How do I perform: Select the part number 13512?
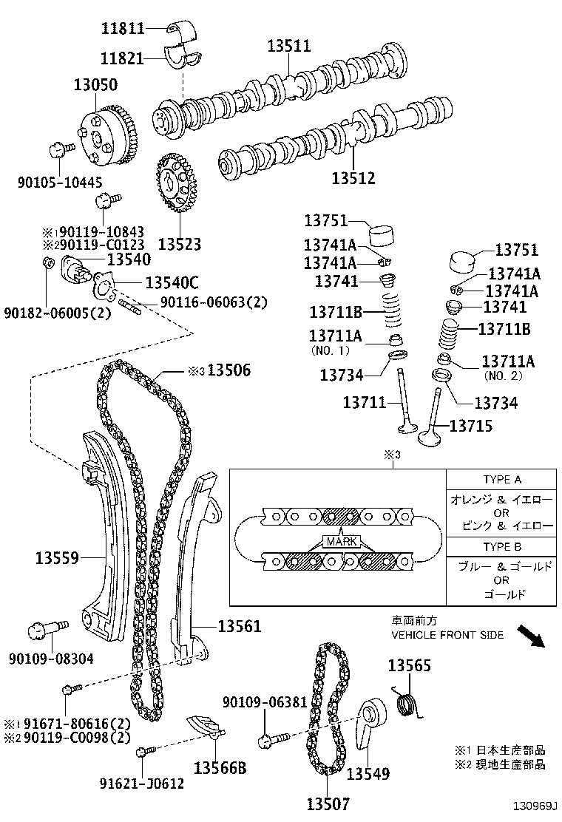point(353,178)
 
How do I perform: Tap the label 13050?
point(95,85)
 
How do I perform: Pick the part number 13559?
point(57,557)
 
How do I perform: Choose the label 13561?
point(239,627)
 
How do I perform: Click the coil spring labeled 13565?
point(406,702)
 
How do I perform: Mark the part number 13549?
point(368,774)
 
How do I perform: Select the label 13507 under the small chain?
point(328,804)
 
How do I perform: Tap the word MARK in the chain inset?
point(339,541)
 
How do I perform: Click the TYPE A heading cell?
point(502,479)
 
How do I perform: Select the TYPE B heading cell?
point(502,547)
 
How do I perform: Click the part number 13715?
point(472,426)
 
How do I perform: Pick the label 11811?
point(123,28)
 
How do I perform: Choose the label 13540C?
point(172,282)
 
